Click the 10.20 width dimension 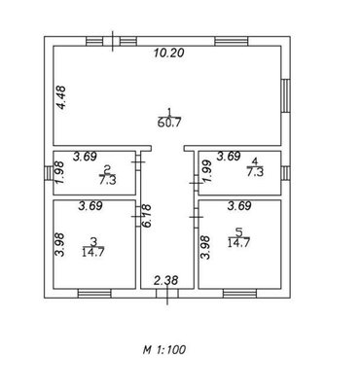pos(168,53)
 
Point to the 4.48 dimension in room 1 pos(60,97)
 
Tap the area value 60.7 pos(168,123)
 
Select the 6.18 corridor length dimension pos(146,216)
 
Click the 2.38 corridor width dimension pos(166,280)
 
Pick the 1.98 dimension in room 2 pos(60,173)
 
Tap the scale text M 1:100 pos(164,349)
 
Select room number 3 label pos(93,241)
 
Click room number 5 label pos(239,232)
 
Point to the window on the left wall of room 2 pos(49,173)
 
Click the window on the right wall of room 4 pos(285,173)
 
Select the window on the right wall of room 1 pos(285,95)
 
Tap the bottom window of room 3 pos(94,294)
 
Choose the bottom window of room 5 pos(239,294)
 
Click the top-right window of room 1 pos(232,41)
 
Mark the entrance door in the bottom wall pos(167,294)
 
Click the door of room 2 pos(138,161)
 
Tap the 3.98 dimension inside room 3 pos(60,245)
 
